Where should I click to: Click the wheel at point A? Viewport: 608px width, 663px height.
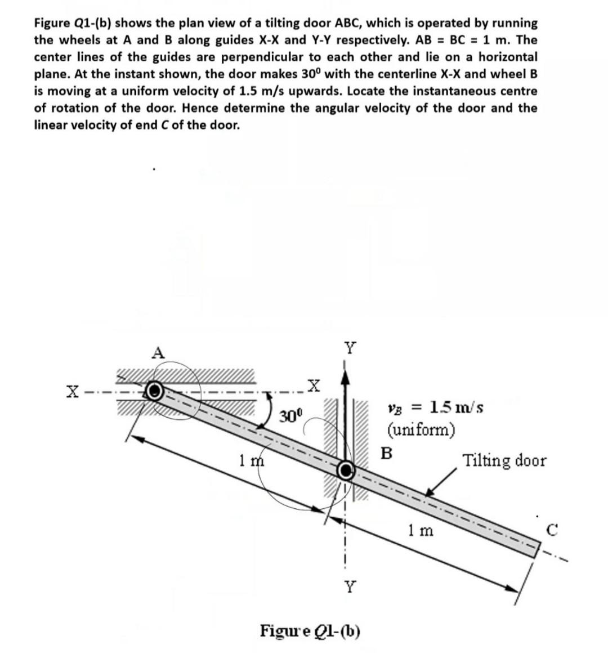coord(155,390)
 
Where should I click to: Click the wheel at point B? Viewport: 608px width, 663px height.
coord(346,469)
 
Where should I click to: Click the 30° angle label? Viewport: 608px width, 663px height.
coord(291,418)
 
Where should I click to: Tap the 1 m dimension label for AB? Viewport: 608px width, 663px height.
coord(248,461)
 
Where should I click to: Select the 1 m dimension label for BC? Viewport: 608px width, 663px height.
coord(421,530)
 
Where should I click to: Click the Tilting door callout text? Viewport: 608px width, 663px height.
coord(504,461)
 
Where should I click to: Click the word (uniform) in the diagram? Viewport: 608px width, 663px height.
coord(421,431)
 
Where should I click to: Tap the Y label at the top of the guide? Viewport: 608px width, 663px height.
coord(350,348)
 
